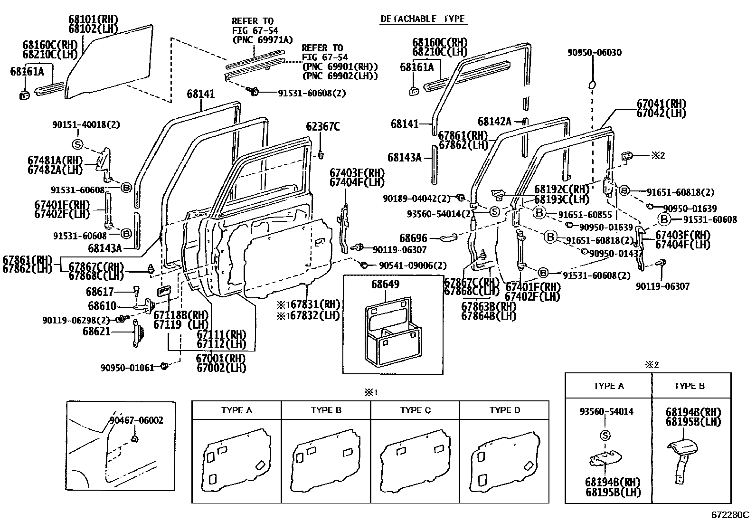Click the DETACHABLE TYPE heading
[x=423, y=19]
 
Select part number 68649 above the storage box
[x=385, y=284]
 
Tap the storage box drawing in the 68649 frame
[x=393, y=332]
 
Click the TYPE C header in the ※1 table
[x=415, y=410]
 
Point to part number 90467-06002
[x=136, y=420]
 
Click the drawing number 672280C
[x=730, y=514]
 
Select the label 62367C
[x=322, y=127]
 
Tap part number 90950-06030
[x=595, y=52]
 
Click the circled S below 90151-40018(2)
[x=77, y=144]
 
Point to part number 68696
[x=413, y=238]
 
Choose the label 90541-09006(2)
[x=412, y=266]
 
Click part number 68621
[x=96, y=331]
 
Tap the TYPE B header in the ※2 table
[x=689, y=386]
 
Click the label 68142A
[x=494, y=122]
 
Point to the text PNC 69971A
[x=263, y=40]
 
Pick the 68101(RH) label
[x=94, y=19]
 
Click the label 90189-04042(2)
[x=416, y=198]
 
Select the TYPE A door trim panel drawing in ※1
[x=236, y=460]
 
